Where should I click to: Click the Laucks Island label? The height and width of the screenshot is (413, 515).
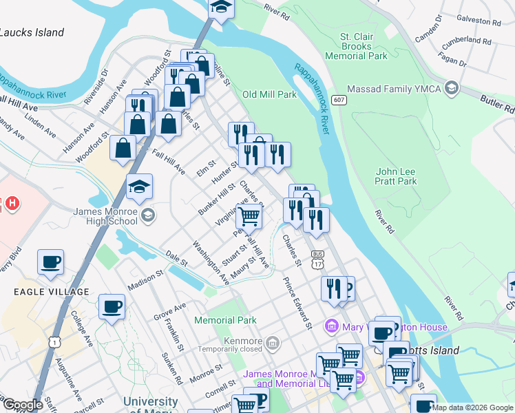(x=32, y=32)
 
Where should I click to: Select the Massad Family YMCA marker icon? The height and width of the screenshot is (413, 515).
(x=451, y=88)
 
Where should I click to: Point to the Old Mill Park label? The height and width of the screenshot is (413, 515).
(x=268, y=94)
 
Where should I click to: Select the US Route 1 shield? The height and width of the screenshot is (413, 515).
(x=53, y=342)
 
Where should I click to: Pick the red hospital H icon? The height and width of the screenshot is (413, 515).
(x=12, y=204)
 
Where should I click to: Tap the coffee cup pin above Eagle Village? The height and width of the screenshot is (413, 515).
(x=50, y=262)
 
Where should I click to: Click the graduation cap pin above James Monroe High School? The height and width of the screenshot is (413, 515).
(x=140, y=187)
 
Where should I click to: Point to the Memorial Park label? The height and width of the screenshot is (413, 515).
(x=225, y=320)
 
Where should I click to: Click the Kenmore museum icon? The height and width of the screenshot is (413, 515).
(x=273, y=342)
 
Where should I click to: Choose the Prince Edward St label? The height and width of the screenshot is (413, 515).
(x=298, y=303)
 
